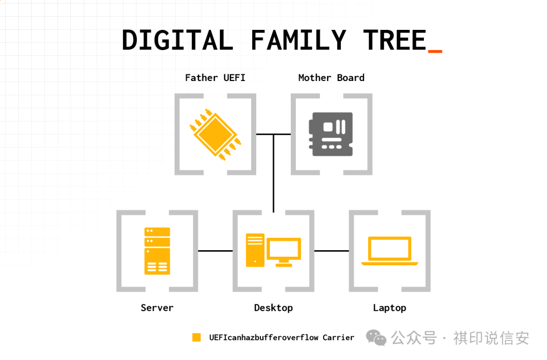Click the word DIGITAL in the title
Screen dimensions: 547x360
pos(177,41)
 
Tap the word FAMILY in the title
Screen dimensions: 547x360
pos(298,41)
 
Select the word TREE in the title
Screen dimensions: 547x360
pos(395,41)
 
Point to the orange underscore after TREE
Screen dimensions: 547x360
pos(435,51)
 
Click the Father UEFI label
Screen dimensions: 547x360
pos(215,77)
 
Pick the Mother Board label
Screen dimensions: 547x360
pos(331,77)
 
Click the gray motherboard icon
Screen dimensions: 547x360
pos(331,134)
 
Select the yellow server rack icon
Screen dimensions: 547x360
pos(157,251)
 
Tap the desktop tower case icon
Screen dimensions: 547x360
pos(255,250)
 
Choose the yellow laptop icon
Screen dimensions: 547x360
pos(389,251)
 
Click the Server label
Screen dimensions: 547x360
pos(157,307)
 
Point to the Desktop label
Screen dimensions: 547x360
pos(273,307)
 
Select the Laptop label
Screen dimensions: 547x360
pos(389,307)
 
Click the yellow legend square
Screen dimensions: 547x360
pos(197,337)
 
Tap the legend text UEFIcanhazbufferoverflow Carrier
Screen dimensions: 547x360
pos(282,337)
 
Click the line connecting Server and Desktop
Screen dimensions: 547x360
pos(215,251)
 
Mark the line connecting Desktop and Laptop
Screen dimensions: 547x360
pos(331,251)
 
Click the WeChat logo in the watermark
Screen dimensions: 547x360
pos(376,338)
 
